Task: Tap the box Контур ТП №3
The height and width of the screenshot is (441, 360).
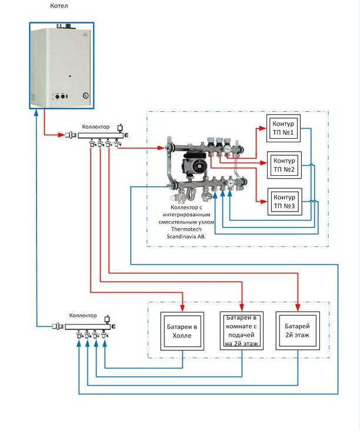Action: tap(284, 202)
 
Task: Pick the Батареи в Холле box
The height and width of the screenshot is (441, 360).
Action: tap(183, 330)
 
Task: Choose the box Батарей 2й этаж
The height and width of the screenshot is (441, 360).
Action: tap(298, 330)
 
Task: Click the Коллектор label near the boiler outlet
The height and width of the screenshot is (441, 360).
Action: tap(96, 126)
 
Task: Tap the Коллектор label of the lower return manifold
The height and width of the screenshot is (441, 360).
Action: tap(83, 316)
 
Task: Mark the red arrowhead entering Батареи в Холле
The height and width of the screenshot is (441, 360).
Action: tap(183, 308)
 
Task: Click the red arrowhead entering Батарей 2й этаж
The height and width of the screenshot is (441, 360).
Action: tap(298, 308)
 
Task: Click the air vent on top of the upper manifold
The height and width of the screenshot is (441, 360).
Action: tap(120, 128)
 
